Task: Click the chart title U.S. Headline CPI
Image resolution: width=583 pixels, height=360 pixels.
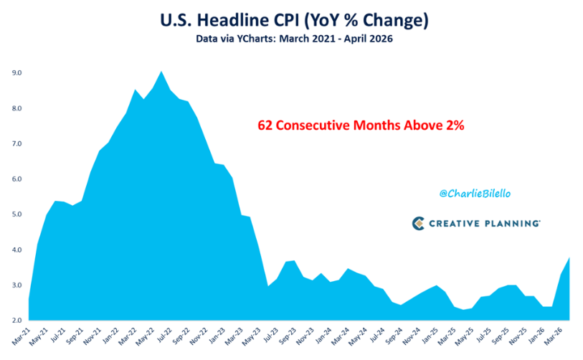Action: tap(229, 20)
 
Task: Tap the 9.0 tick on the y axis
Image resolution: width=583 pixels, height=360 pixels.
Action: tap(16, 73)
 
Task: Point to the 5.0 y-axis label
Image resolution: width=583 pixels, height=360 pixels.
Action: tap(16, 214)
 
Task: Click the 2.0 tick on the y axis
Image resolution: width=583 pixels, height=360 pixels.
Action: tap(16, 321)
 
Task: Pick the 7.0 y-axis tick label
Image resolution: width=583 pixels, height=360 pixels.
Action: tap(16, 143)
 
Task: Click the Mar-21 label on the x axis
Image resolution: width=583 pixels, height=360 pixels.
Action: tap(22, 336)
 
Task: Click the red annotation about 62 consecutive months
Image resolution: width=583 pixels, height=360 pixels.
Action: tap(361, 125)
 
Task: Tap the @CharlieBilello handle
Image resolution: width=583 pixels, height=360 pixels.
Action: tap(475, 194)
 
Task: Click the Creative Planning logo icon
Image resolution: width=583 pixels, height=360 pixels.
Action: tap(418, 223)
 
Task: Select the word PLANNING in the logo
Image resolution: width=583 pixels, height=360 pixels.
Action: tap(512, 224)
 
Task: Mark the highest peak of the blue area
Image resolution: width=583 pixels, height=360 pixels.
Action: tap(161, 72)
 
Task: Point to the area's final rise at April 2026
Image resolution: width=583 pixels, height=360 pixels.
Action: tap(569, 257)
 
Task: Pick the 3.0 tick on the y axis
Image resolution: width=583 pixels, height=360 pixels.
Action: tap(16, 285)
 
